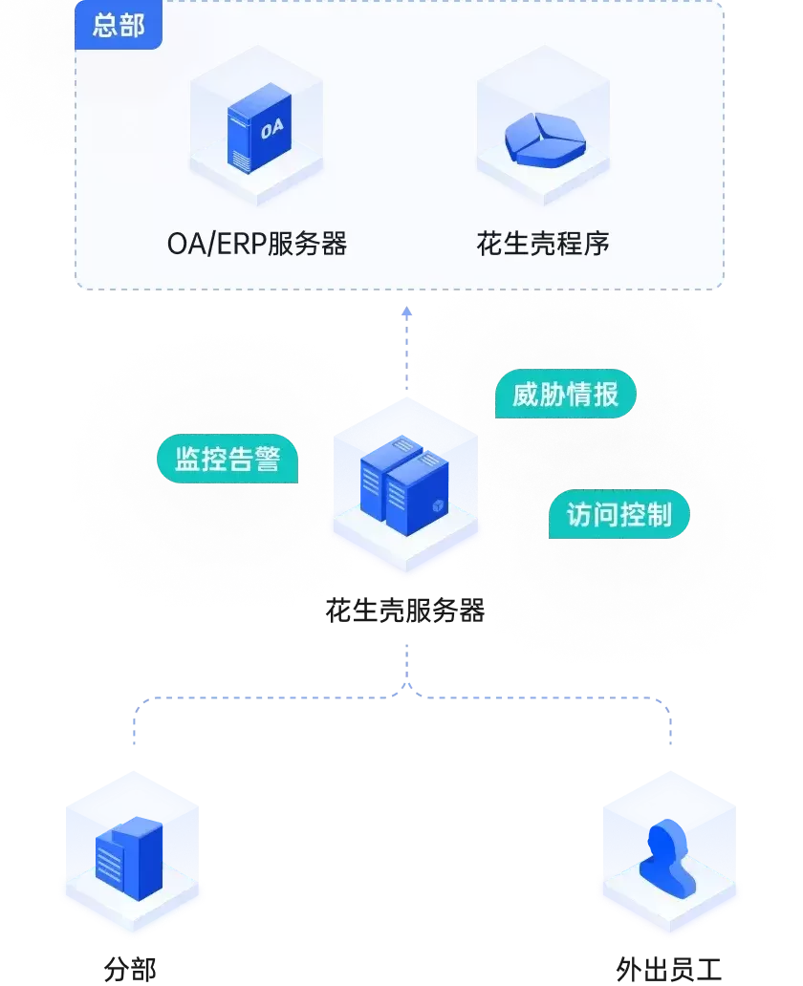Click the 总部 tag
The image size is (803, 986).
pyautogui.click(x=119, y=26)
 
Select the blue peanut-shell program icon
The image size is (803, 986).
pyautogui.click(x=543, y=139)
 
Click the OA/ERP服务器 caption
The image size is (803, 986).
pyautogui.click(x=256, y=244)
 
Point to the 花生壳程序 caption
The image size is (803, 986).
pyautogui.click(x=542, y=244)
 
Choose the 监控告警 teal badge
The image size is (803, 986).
pyautogui.click(x=228, y=460)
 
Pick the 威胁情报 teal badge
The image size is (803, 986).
pyautogui.click(x=565, y=394)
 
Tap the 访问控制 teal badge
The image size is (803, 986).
pyautogui.click(x=619, y=515)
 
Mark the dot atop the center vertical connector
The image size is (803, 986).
pyautogui.click(x=406, y=311)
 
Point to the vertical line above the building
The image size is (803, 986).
pyautogui.click(x=133, y=731)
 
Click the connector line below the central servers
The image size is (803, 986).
pyautogui.click(x=408, y=664)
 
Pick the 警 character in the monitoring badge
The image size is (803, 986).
pyautogui.click(x=268, y=460)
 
